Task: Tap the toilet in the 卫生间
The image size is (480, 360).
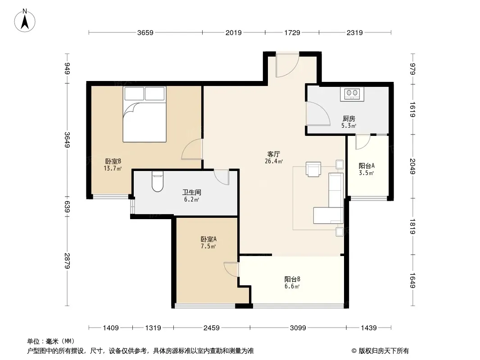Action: (x=158, y=181)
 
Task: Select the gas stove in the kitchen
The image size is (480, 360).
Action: (x=352, y=94)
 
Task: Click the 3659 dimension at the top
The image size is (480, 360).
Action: (x=145, y=32)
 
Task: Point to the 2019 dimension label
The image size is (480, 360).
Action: (x=234, y=32)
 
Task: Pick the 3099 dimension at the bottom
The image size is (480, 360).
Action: (x=298, y=328)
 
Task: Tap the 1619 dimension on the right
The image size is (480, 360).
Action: (x=412, y=109)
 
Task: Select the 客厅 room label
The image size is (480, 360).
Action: (x=274, y=154)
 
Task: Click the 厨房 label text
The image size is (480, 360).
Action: (x=349, y=118)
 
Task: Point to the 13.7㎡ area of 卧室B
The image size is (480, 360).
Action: (x=113, y=168)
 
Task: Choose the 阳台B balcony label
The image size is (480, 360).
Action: (x=292, y=279)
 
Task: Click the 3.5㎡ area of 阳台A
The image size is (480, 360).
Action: (x=367, y=173)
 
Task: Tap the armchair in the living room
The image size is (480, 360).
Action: (x=313, y=169)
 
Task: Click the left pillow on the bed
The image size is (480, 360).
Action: (x=134, y=94)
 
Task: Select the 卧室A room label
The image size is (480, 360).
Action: (x=208, y=239)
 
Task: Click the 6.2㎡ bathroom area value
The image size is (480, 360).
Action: (x=192, y=199)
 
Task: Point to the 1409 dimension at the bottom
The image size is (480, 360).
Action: (x=110, y=328)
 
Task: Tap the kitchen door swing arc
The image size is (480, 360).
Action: (x=318, y=113)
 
